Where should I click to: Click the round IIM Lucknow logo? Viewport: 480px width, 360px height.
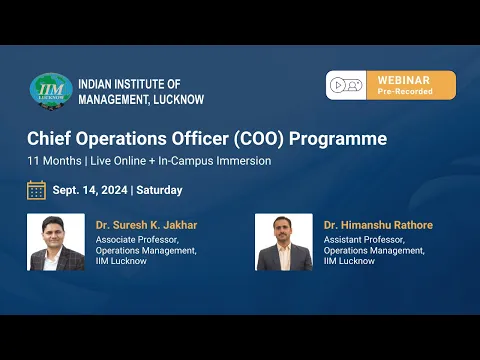tap(51, 89)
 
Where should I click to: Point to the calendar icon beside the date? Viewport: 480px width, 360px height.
tap(37, 190)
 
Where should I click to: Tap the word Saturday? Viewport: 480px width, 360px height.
tap(159, 190)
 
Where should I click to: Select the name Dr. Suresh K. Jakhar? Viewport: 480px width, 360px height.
tap(146, 225)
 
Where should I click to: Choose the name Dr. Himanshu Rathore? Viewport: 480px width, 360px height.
tap(378, 225)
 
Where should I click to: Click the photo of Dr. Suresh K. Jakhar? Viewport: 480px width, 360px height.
tap(56, 242)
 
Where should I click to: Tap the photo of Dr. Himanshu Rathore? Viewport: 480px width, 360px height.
tap(284, 242)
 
